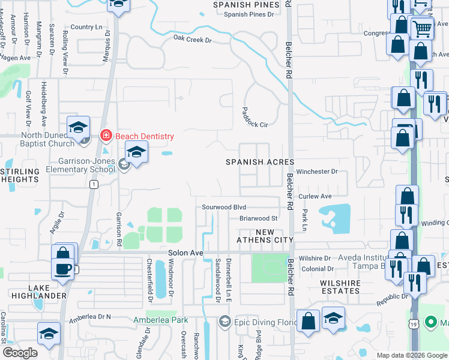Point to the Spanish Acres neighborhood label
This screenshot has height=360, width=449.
pos(260,162)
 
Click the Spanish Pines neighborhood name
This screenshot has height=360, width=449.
pos(247,5)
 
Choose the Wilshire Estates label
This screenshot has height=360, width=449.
pos(340,287)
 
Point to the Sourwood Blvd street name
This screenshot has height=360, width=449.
pos(224,206)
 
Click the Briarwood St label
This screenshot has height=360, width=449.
pos(258,218)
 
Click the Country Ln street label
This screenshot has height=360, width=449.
pos(86,27)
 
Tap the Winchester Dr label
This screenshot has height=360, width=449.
pos(317,172)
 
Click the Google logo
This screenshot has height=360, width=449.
pos(20,353)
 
